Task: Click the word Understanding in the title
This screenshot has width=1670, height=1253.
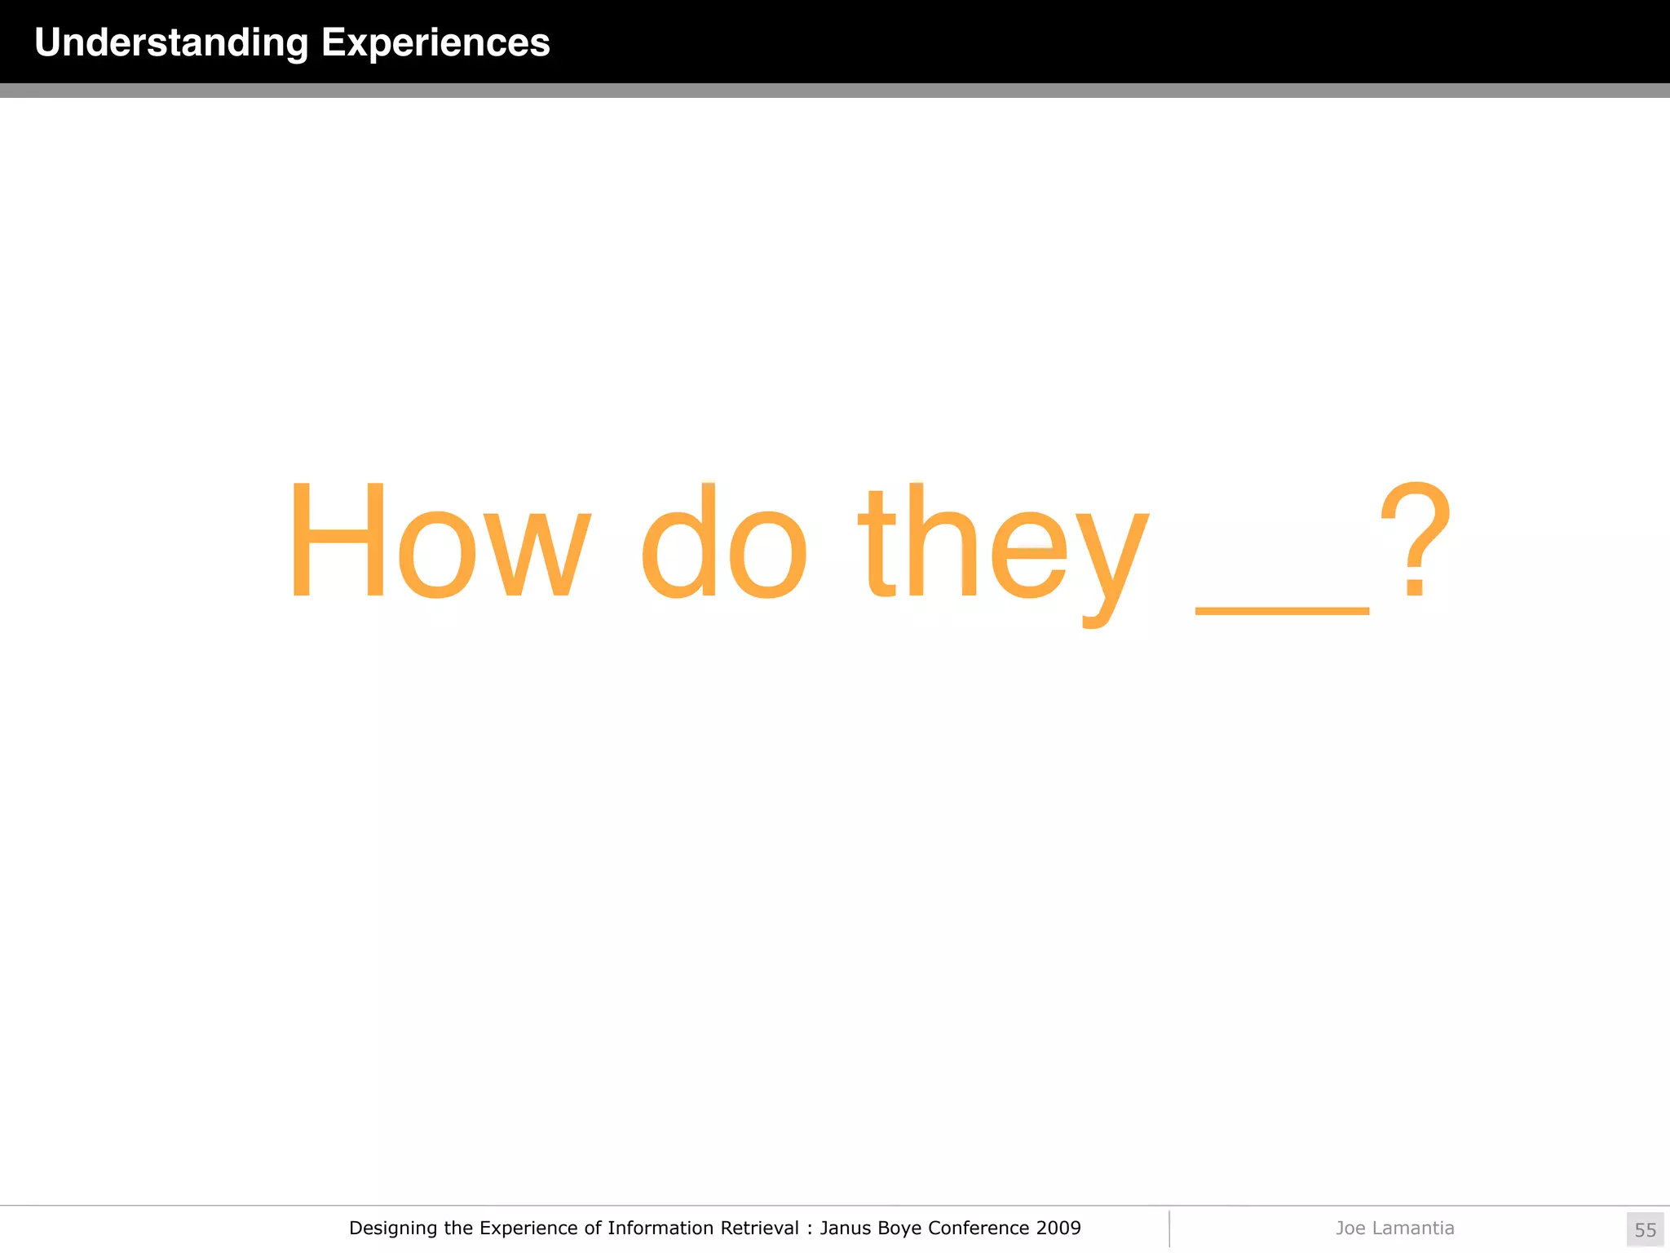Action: [x=171, y=42]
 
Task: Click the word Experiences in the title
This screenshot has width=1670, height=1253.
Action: [x=435, y=42]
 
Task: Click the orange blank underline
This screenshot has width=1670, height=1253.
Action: [x=1281, y=610]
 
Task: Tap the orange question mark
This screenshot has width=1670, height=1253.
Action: [x=1415, y=538]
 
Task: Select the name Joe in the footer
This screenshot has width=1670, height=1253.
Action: [x=1350, y=1229]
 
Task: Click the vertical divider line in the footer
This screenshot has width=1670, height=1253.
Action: [x=1169, y=1229]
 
